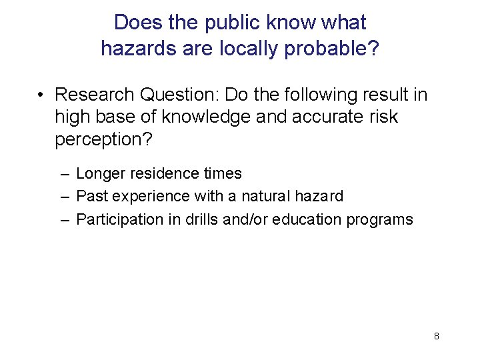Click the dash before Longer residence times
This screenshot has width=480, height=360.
coord(63,174)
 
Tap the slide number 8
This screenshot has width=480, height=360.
coord(436,336)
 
